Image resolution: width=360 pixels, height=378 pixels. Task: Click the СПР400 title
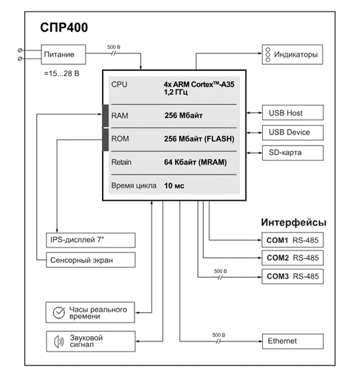pos(64,27)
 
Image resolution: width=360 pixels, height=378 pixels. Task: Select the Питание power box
pos(63,54)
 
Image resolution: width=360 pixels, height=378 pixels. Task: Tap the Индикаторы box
pos(292,54)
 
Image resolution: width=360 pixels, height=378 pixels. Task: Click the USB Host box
pos(293,112)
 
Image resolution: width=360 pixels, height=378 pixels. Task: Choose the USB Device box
pos(293,132)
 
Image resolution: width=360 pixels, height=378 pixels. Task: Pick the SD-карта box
pos(293,153)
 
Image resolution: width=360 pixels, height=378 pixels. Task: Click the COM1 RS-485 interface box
pos(292,240)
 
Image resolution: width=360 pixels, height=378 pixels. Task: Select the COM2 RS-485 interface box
pos(292,258)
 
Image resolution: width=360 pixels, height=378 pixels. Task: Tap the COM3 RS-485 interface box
pos(292,277)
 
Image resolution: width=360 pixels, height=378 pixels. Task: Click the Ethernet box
pos(293,341)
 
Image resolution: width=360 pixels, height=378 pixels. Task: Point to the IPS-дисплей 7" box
pos(90,240)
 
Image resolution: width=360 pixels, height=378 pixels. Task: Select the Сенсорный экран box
pos(90,260)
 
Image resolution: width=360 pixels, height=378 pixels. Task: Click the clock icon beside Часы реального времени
pos(59,312)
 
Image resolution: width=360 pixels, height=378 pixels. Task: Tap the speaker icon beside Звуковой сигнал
pos(59,341)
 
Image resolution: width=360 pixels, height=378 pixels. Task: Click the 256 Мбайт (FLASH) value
pos(199,139)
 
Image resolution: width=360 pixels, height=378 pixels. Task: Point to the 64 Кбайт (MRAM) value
pos(195,162)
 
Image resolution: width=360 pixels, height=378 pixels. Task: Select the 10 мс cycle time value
pos(174,186)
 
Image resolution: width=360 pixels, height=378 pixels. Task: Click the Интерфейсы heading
pos(294,222)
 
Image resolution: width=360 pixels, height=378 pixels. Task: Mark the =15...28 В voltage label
pos(61,74)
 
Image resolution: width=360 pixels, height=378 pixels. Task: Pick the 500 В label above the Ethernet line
pos(219,335)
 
